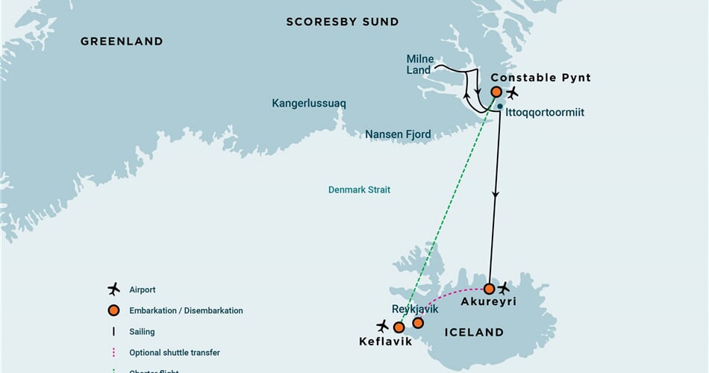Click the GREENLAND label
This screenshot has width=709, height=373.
pos(122,42)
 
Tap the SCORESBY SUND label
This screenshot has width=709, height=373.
pos(343,22)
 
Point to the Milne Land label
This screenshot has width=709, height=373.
pos(419,64)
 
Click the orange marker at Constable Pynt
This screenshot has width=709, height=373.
pos(496,92)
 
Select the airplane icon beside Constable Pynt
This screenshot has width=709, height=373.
pos(512,93)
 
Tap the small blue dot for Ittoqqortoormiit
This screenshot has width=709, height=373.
pos(499,107)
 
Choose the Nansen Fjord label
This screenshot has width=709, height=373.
pos(398,135)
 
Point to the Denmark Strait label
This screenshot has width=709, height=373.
pos(359,190)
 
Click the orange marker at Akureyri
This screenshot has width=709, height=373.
pos(489,289)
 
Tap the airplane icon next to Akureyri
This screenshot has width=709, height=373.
pos(505,288)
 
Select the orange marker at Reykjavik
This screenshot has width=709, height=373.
pos(418,323)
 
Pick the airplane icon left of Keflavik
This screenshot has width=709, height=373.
pos(383,325)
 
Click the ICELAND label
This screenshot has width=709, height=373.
pos(475,332)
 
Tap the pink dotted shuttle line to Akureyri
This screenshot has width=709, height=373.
pos(452,295)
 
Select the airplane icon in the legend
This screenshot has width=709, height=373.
pos(113,289)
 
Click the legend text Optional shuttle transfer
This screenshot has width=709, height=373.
pos(174,352)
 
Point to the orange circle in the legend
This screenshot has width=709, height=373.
pos(113,310)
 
